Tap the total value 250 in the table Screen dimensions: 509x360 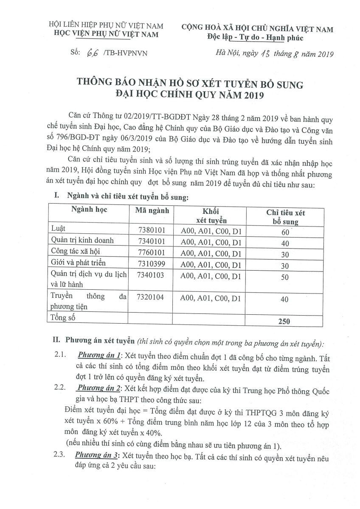tap(284, 321)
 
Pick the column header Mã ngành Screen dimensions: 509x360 tap(152, 210)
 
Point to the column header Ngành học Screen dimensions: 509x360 tap(89, 210)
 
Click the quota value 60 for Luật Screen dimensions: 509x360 tap(284, 232)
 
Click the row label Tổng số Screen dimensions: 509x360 tap(62, 317)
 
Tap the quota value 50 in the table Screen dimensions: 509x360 tap(285, 277)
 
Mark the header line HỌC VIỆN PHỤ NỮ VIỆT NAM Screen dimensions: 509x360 tap(104, 34)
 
